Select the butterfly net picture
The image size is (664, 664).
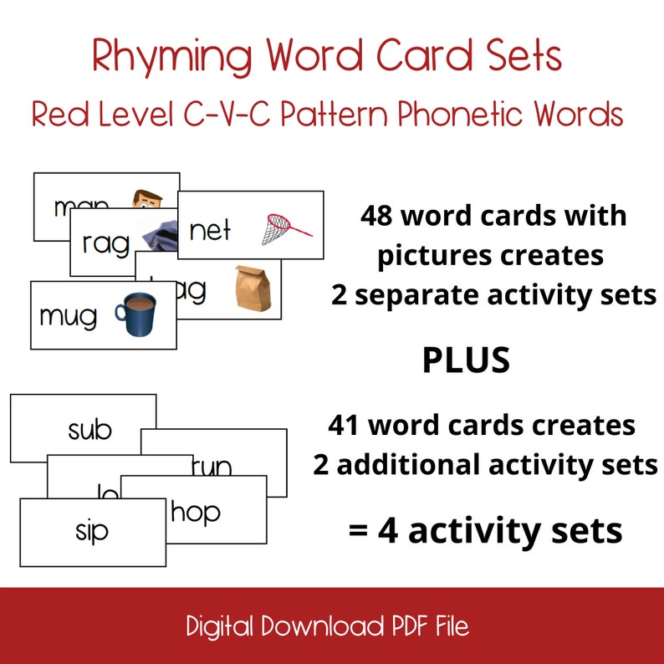[284, 227]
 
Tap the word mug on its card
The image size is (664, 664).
[68, 317]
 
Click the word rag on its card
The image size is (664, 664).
[106, 243]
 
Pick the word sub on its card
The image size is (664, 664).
[89, 430]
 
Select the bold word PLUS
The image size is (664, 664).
[466, 360]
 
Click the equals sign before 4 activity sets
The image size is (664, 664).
[359, 531]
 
